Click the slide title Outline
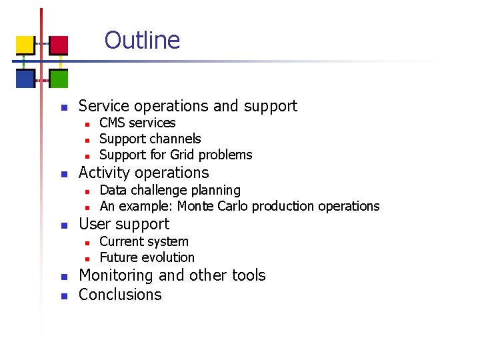point(142,40)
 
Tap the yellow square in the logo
point(25,45)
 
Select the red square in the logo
point(59,45)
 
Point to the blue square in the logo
point(25,79)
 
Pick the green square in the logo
point(59,79)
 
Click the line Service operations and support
point(187,106)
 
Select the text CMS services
point(137,123)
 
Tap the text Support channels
point(150,139)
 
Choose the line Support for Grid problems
point(175,155)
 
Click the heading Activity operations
point(143,173)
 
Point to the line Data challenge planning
point(169,190)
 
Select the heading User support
point(124,224)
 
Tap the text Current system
point(143,241)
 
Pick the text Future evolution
point(147,257)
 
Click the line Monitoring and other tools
point(172,275)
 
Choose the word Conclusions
point(120,295)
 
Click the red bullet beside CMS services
point(87,124)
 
